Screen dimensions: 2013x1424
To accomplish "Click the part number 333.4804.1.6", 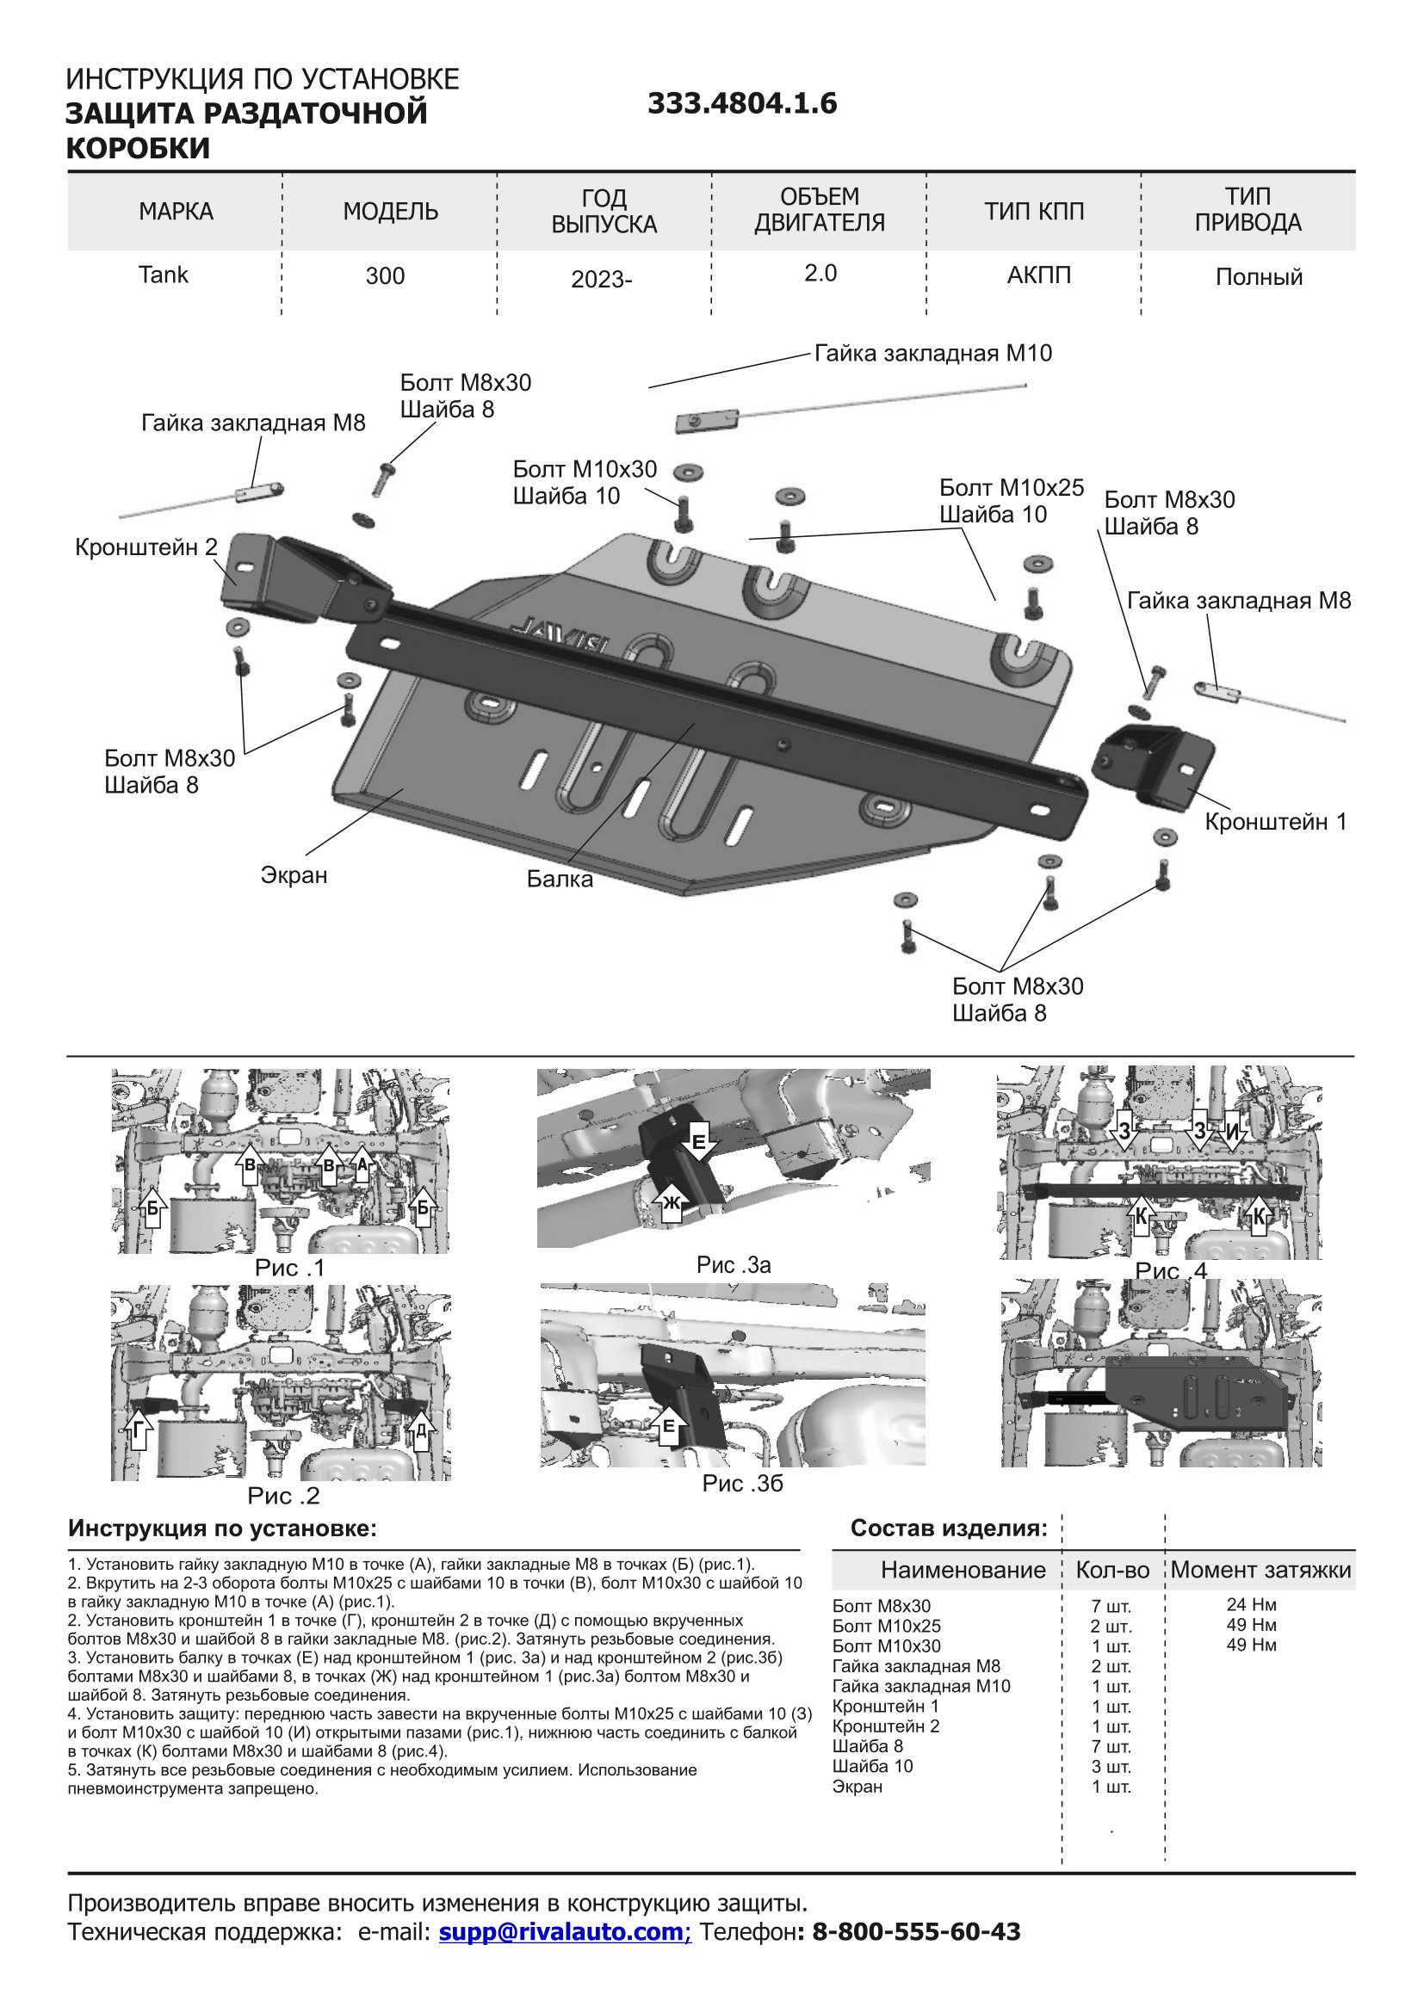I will [x=742, y=104].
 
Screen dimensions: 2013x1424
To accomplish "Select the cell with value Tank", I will [x=163, y=275].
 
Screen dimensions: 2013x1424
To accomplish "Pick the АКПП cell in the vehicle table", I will [x=1038, y=275].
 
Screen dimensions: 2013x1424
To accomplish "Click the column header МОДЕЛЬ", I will [x=390, y=212].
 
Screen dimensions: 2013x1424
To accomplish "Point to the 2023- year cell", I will [x=602, y=280].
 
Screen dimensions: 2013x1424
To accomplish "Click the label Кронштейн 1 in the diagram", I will [x=1275, y=822].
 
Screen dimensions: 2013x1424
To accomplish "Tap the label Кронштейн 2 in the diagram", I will [x=145, y=547].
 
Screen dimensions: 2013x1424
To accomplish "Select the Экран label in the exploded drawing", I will [x=294, y=875].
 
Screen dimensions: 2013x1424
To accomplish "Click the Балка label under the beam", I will [x=560, y=879].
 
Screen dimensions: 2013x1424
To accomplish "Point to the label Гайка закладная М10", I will [x=933, y=354].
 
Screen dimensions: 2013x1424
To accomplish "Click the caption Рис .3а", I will [x=734, y=1264].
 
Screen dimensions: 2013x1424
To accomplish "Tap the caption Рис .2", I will [x=283, y=1495].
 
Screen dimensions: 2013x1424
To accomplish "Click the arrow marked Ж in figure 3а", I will [x=672, y=1203].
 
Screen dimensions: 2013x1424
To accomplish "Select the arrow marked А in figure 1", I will [x=362, y=1163].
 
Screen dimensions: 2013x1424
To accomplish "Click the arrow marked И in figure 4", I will [x=1233, y=1132].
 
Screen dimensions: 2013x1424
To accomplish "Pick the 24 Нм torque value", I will [x=1251, y=1604].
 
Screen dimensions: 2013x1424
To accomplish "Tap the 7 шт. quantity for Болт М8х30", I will [x=1111, y=1606].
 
